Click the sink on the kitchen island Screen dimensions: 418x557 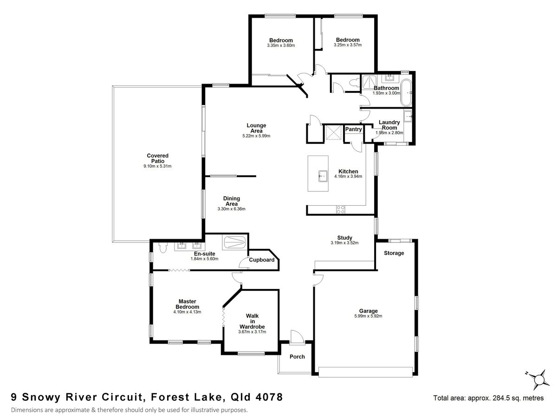[x=322, y=176]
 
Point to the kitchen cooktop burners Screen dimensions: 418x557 [x=340, y=209]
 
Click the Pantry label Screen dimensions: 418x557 [x=353, y=130]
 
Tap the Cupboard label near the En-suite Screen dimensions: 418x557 [x=262, y=260]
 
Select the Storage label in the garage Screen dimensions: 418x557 [x=394, y=253]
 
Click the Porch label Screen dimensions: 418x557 [x=297, y=357]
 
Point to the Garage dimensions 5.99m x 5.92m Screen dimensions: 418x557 [x=368, y=316]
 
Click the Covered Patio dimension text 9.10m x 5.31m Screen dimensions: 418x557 [x=158, y=166]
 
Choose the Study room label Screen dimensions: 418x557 [x=344, y=237]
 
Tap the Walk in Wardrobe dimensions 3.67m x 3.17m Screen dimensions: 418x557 [x=252, y=332]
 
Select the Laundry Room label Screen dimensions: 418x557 [x=389, y=125]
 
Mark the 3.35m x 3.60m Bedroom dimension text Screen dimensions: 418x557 [x=281, y=46]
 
